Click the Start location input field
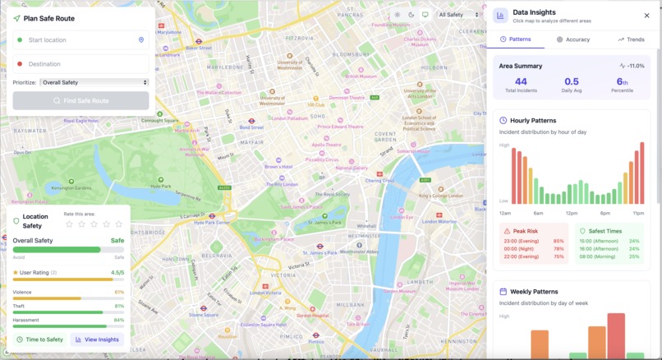coord(78,39)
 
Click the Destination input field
coord(78,64)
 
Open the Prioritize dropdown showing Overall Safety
coord(94,82)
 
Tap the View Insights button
coord(98,339)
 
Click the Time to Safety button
coord(40,339)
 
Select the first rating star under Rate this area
coord(69,224)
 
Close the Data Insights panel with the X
coord(646,15)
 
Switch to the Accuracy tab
coord(572,39)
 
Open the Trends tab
coord(631,39)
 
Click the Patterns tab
coord(515,39)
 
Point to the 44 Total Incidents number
coord(521,81)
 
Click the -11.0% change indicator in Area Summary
coord(632,65)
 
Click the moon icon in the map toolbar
coord(411,15)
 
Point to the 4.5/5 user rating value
coord(117,272)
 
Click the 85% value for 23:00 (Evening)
coord(559,241)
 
